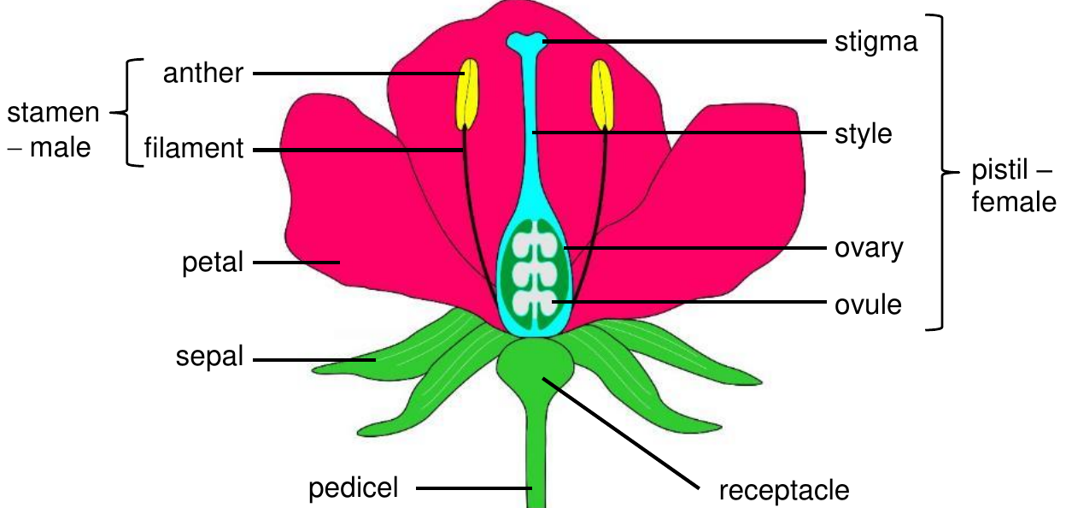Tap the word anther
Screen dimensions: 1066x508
pos(203,74)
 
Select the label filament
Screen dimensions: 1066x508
pos(194,148)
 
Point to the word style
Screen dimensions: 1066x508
pos(864,134)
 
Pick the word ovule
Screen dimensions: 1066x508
pos(868,304)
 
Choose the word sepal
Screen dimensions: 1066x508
pos(209,357)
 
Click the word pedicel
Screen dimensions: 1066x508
pos(353,489)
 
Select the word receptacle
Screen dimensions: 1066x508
pos(784,492)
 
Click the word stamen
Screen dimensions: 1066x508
pos(53,113)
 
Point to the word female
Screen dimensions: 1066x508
pos(1014,202)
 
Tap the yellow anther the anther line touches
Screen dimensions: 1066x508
pos(468,94)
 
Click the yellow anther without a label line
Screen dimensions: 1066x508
pos(602,95)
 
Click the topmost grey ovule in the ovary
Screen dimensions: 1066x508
pos(535,243)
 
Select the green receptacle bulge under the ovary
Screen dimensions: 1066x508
pos(536,362)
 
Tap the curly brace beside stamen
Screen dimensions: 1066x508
pos(127,113)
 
